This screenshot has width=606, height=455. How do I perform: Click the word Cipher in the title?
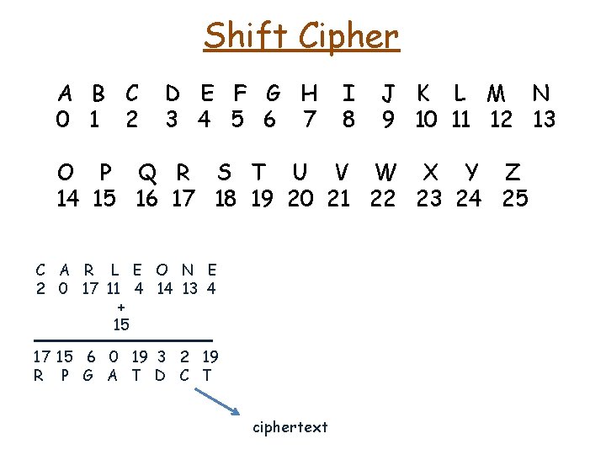[345, 37]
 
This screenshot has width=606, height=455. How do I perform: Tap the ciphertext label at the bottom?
[290, 427]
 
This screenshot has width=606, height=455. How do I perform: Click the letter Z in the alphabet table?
[512, 173]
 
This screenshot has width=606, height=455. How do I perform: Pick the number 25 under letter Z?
[514, 199]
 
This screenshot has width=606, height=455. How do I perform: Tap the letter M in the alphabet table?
[497, 93]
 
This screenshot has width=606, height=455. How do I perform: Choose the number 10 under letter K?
[425, 120]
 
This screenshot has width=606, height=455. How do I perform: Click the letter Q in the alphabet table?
[147, 173]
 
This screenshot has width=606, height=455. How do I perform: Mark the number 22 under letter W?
[383, 199]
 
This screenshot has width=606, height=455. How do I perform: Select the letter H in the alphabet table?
[309, 93]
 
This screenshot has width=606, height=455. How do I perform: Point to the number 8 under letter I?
[348, 120]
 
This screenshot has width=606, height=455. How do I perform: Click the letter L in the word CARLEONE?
[114, 270]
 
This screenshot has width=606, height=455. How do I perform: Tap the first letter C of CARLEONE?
[40, 270]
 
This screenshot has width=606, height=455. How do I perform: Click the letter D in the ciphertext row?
[160, 375]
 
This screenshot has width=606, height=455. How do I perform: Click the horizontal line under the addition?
[123, 340]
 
